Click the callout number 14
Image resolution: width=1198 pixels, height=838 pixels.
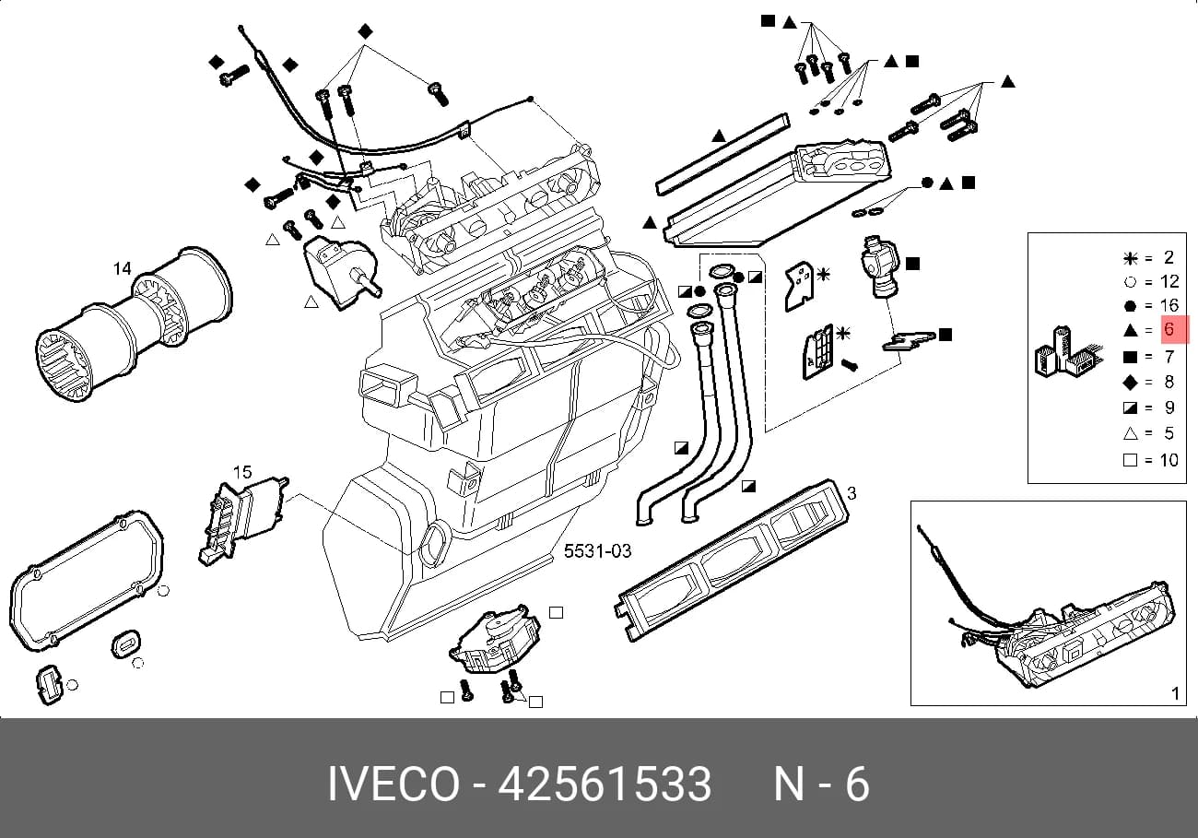click(122, 268)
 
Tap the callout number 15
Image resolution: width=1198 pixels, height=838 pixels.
click(241, 472)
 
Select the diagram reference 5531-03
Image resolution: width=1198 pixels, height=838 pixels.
click(597, 550)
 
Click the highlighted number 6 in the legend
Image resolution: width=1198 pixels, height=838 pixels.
click(1169, 328)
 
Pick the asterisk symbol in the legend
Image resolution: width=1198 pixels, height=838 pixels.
click(1130, 258)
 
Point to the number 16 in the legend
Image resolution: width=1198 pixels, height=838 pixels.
click(1169, 305)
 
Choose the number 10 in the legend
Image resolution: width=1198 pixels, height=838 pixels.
click(1169, 460)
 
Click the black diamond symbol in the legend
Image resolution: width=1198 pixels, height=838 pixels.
click(1130, 382)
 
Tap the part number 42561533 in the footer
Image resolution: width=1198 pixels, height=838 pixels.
click(605, 785)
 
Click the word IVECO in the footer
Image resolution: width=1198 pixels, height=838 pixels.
click(393, 785)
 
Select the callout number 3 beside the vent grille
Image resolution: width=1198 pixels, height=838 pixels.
click(852, 493)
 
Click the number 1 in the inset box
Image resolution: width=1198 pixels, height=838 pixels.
click(1175, 693)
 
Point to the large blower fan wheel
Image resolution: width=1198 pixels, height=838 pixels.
click(134, 324)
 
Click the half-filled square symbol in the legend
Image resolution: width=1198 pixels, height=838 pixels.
click(1130, 407)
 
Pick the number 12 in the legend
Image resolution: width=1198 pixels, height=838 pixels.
click(1169, 281)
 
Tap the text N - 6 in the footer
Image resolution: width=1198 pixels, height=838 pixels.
click(822, 785)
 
